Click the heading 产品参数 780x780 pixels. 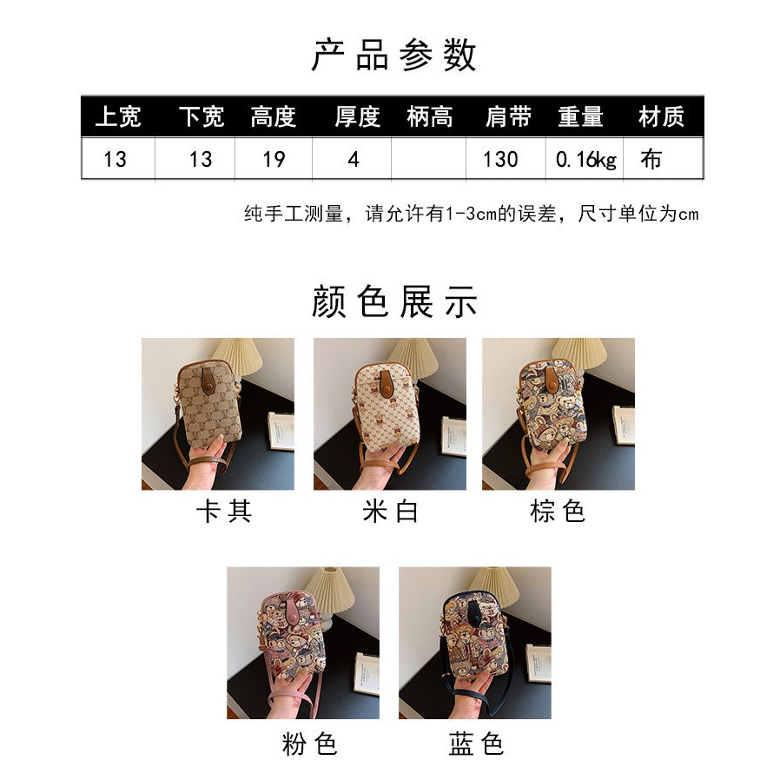[393, 55]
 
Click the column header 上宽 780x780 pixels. [117, 116]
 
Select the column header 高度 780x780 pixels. [274, 116]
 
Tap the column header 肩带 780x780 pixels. [507, 116]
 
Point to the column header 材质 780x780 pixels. [661, 116]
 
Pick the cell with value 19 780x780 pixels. [274, 159]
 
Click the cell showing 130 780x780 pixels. [500, 159]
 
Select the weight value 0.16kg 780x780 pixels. [585, 159]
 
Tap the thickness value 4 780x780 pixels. [352, 159]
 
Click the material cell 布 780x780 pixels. [651, 159]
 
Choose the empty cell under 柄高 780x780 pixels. [428, 159]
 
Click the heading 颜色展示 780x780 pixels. [393, 302]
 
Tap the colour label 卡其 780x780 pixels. [223, 512]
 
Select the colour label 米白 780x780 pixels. [390, 512]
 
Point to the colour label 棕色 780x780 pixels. [558, 512]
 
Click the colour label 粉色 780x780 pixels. [309, 744]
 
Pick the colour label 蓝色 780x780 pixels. [476, 744]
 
